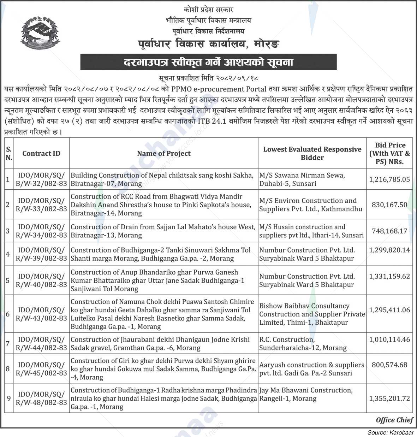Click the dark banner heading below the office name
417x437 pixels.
click(x=208, y=63)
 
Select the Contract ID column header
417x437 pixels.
click(x=41, y=153)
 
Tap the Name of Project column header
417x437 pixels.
click(x=163, y=153)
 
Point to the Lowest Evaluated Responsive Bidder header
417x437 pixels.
click(x=312, y=153)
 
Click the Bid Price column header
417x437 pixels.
click(x=390, y=153)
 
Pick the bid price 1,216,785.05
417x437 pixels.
click(x=389, y=179)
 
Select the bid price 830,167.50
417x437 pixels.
click(x=389, y=205)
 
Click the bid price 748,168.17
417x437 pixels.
click(x=389, y=231)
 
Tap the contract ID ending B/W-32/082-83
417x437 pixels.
click(x=41, y=179)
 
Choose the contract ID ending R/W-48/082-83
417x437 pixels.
click(x=41, y=398)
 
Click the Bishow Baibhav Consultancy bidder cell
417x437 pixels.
click(x=312, y=314)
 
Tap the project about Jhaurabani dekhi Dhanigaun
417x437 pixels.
click(x=160, y=344)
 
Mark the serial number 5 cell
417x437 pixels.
click(x=8, y=280)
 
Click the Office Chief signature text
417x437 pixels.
click(x=394, y=420)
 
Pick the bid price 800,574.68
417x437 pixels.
click(x=389, y=365)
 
